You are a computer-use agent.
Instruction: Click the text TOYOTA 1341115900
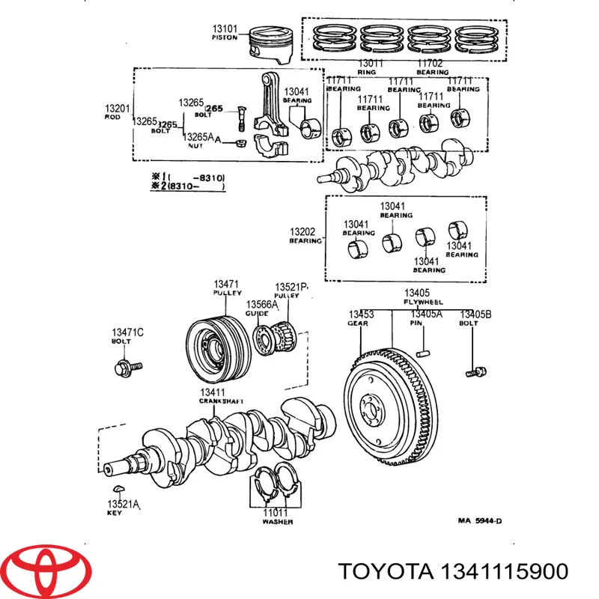click(453, 571)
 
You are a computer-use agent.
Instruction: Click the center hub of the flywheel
click(375, 410)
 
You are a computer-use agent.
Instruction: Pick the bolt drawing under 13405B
click(474, 370)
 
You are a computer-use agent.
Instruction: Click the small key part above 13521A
click(115, 490)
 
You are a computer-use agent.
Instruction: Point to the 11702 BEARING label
click(433, 67)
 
